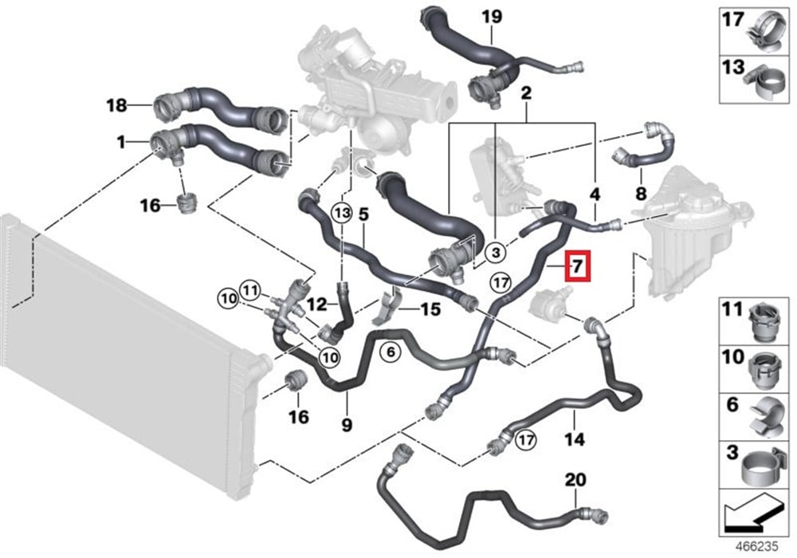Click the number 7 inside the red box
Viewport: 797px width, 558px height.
577,265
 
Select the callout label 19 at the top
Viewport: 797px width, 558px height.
492,17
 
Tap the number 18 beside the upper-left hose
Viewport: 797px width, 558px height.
116,106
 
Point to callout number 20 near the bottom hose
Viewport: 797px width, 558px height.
575,479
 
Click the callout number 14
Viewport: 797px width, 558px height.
574,438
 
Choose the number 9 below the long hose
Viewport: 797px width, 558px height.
347,424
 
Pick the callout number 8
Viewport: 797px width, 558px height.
641,193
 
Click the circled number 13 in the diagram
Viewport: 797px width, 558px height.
343,212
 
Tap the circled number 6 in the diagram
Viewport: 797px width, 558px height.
391,352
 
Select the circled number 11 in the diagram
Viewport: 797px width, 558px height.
249,290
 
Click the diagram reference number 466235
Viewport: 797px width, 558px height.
757,547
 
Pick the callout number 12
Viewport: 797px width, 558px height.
317,305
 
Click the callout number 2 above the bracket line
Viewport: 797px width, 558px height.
526,93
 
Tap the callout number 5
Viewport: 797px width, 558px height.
363,215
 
